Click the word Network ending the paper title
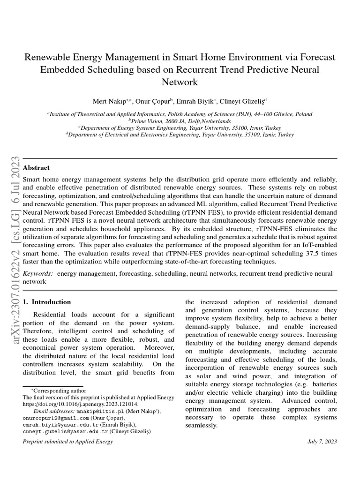point(180,82)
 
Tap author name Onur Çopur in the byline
point(146,101)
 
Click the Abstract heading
point(36,168)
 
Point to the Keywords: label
point(38,273)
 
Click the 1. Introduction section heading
point(47,302)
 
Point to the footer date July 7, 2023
point(322,442)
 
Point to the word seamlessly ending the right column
point(202,425)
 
